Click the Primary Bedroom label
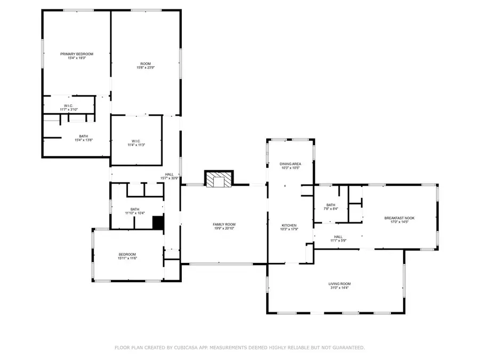pos(77,54)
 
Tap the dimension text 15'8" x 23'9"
pos(145,68)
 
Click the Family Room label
pos(224,225)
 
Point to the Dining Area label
pos(290,164)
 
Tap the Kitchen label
pos(289,226)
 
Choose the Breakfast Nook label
pos(399,218)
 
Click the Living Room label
pos(339,284)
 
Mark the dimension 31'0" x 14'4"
pos(339,288)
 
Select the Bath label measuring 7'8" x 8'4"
pos(331,205)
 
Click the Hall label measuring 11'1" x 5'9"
pos(338,237)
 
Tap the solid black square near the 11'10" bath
pos(158,222)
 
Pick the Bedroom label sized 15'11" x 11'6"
pos(127,254)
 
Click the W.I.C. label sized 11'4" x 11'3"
pos(136,140)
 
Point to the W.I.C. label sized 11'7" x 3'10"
pos(68,106)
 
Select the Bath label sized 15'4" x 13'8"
pos(84,136)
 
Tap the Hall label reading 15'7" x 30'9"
pos(169,174)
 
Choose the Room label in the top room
pos(145,63)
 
